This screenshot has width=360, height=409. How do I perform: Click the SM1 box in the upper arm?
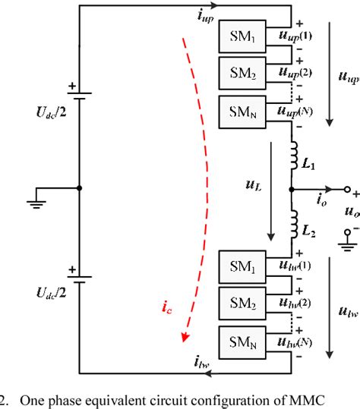[242, 36]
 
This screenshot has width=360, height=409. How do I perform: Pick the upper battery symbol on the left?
[79, 96]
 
